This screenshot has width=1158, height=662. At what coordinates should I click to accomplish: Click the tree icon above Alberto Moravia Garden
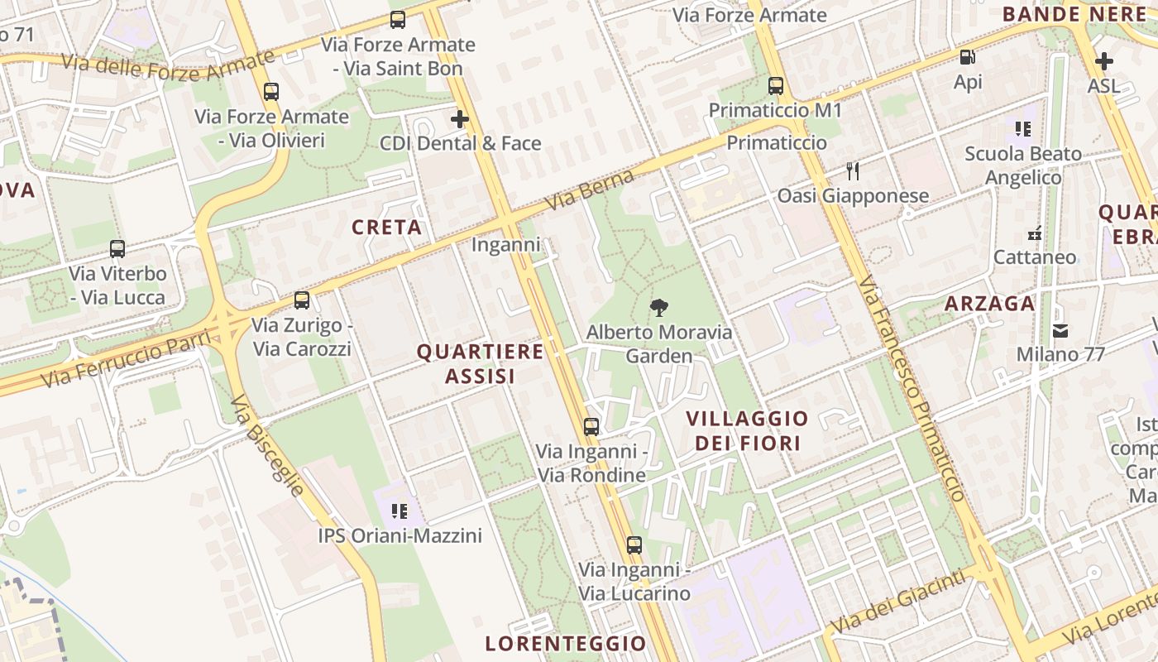[659, 308]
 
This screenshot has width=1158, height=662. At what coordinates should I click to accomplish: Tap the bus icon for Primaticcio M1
[775, 85]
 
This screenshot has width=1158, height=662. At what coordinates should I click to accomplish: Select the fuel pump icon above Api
[967, 57]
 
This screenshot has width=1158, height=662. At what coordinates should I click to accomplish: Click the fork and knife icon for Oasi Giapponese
[853, 171]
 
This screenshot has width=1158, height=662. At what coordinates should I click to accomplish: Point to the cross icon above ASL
[1103, 60]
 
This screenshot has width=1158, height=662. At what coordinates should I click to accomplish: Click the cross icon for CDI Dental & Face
[460, 119]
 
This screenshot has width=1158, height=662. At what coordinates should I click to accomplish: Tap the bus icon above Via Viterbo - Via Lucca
[117, 248]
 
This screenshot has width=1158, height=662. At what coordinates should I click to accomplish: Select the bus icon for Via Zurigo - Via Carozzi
[302, 300]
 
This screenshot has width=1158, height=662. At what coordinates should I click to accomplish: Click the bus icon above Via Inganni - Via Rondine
[591, 427]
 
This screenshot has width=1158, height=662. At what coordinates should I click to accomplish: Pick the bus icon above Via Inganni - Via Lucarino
[634, 544]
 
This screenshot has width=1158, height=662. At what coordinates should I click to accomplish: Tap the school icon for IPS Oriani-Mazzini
[400, 511]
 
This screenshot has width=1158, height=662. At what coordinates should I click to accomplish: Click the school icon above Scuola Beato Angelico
[1023, 129]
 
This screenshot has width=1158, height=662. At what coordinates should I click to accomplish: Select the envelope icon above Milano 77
[1060, 331]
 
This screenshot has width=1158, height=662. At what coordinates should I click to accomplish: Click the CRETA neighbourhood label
[386, 228]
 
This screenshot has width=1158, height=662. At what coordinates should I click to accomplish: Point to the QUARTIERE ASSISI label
[480, 363]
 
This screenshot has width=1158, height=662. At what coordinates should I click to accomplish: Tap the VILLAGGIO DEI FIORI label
[747, 430]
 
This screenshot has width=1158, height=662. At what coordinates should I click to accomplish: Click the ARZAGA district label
[989, 304]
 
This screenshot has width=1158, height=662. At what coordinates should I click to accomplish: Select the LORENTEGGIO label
[565, 643]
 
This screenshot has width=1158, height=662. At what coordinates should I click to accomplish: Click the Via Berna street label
[590, 190]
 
